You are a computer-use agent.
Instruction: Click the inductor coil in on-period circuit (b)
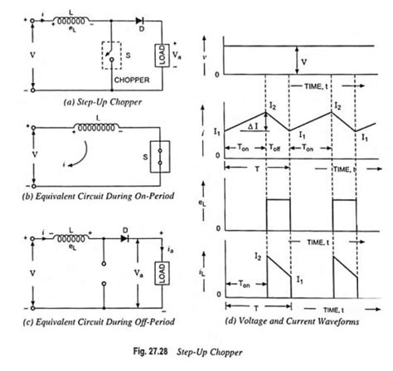point(83,129)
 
